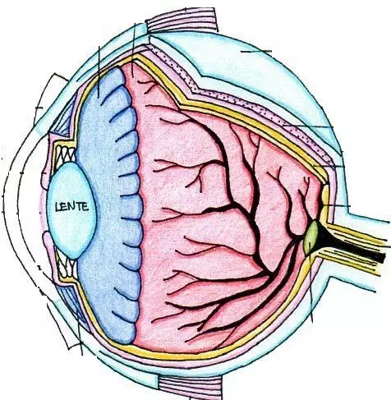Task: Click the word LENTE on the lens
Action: pos(72,206)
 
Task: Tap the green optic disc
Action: pos(311,237)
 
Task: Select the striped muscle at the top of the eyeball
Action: pos(182,19)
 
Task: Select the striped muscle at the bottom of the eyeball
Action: pos(191,386)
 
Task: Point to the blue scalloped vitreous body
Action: pos(109,205)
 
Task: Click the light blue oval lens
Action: pos(71,210)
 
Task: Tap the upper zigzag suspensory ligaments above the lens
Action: pos(66,155)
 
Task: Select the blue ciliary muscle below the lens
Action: pos(72,300)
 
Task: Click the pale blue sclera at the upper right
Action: pos(260,68)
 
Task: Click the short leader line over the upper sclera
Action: pos(256,51)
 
